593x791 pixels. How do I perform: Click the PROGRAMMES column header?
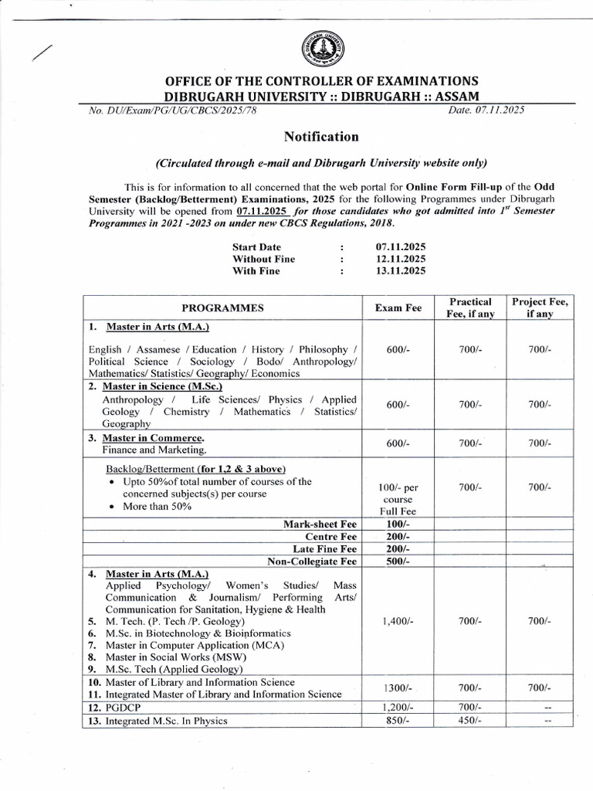[x=222, y=307]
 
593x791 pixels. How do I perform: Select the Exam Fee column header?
[x=398, y=307]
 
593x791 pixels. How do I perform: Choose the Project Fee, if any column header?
[x=540, y=307]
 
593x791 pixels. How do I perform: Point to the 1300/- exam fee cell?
[x=398, y=687]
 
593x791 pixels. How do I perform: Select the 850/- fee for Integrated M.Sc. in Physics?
[x=398, y=720]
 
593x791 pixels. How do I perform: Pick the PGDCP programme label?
[x=125, y=707]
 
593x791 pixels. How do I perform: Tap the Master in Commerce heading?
[x=161, y=436]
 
